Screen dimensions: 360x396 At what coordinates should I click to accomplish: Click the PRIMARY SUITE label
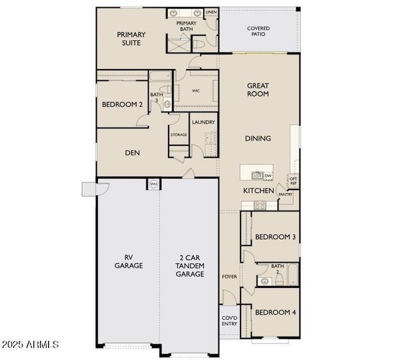tap(129, 39)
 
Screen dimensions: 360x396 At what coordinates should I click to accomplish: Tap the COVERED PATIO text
tap(259, 31)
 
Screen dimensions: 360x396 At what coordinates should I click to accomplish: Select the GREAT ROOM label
tap(258, 90)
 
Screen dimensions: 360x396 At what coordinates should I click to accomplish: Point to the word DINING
tap(258, 139)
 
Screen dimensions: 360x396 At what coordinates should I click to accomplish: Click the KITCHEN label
tap(258, 191)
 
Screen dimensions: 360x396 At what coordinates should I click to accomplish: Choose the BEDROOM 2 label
tap(122, 105)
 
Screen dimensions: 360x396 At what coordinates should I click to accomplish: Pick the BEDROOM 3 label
tap(275, 237)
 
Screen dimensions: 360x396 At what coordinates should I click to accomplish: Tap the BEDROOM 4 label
tap(275, 313)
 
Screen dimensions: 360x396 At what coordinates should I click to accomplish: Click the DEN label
tap(133, 153)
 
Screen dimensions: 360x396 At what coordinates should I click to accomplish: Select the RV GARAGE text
tap(129, 262)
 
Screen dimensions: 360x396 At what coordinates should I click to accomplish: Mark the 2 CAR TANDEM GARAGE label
tap(190, 265)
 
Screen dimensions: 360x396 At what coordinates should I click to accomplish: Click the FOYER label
tap(230, 277)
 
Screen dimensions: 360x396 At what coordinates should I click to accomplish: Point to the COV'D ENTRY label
tap(229, 320)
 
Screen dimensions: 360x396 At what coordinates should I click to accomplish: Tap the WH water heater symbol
tap(154, 184)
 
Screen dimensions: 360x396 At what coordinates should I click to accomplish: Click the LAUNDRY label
tap(203, 122)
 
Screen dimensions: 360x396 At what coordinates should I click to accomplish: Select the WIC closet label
tap(196, 91)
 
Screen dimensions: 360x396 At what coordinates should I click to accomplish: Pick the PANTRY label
tap(286, 194)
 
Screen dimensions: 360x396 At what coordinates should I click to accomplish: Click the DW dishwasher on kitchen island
tap(268, 176)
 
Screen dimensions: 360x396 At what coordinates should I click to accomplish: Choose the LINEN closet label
tap(211, 12)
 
